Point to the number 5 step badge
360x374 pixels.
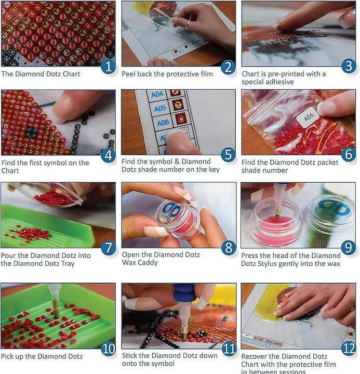pos(228,154)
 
